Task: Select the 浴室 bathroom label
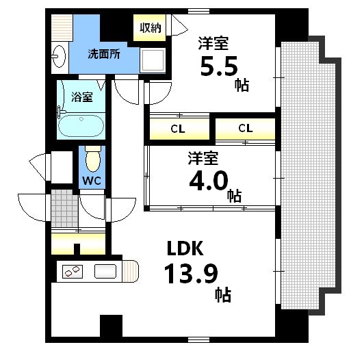(x=83, y=97)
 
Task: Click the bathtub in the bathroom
(x=81, y=126)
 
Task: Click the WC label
(x=92, y=180)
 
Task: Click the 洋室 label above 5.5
(x=214, y=42)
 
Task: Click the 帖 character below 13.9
(x=223, y=296)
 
